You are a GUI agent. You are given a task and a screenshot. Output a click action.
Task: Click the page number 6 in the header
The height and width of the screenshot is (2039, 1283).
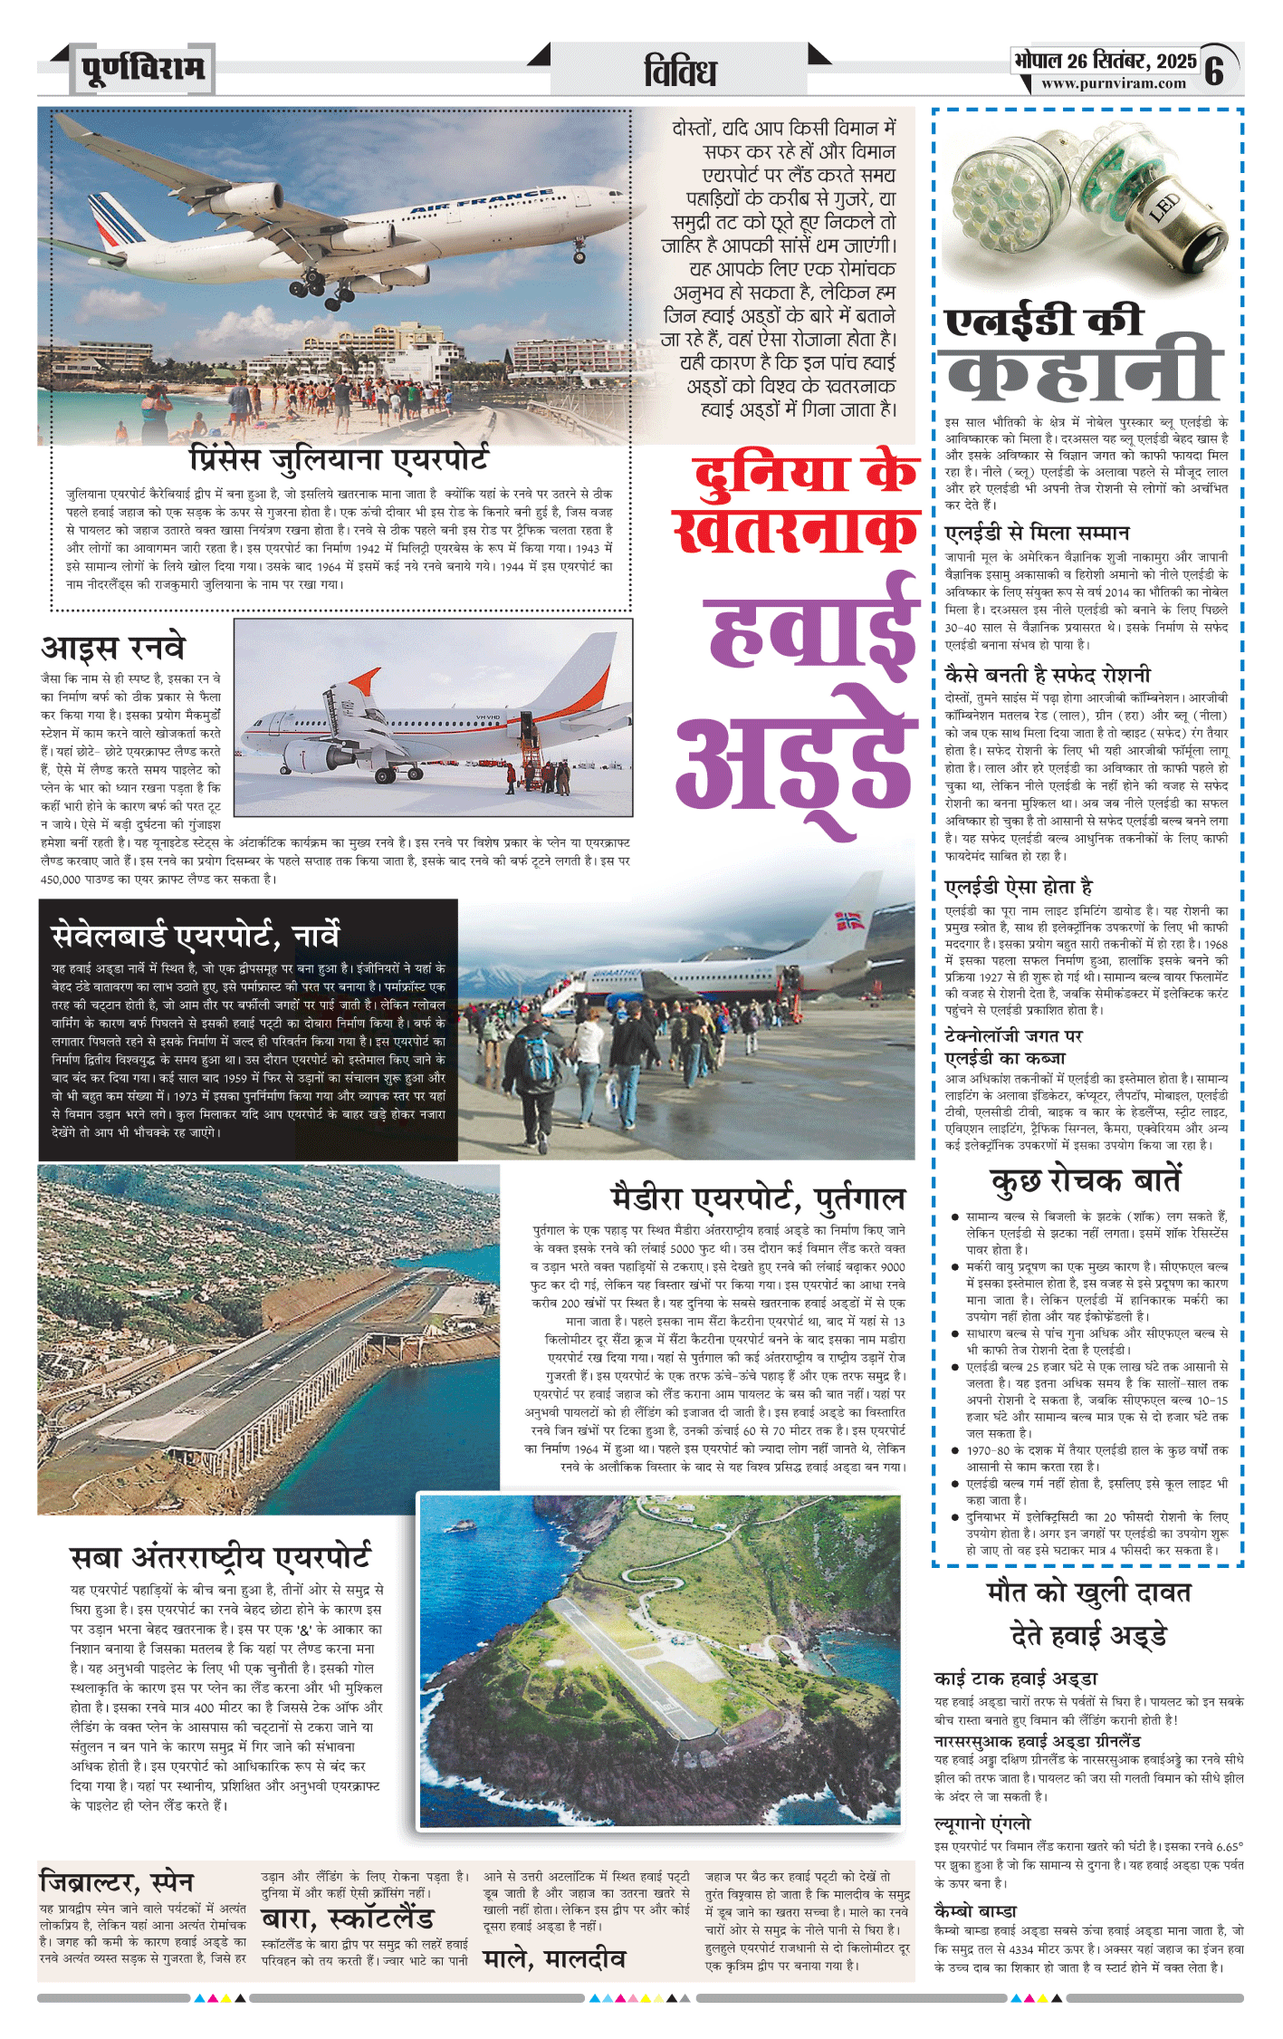coord(1214,71)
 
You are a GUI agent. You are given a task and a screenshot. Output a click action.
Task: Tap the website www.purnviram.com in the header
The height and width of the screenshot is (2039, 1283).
coord(1113,84)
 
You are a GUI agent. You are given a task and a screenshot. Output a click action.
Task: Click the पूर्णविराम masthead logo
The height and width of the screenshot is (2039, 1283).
coord(143,69)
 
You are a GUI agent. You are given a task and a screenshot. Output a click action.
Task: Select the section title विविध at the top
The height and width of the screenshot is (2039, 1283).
coord(680,72)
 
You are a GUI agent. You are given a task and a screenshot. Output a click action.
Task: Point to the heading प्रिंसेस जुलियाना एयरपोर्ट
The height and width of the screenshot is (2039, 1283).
coord(340,458)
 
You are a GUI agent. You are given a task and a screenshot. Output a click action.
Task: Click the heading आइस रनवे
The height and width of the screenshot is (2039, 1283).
coord(113,648)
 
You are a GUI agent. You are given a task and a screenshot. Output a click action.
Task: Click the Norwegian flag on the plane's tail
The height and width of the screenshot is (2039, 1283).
coord(848,922)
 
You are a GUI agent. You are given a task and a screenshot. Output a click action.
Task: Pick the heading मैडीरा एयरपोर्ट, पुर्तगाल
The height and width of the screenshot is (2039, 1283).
coord(758,1197)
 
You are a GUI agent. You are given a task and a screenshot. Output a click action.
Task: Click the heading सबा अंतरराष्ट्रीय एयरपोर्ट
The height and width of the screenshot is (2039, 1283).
coord(220,1556)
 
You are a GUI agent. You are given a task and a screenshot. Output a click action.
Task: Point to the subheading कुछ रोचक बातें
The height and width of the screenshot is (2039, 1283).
coord(1086,1180)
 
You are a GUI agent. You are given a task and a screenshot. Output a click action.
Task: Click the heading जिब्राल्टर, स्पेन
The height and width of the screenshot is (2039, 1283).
coord(117,1881)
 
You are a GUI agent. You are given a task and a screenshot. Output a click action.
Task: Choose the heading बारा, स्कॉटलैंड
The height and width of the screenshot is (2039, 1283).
coord(348,1919)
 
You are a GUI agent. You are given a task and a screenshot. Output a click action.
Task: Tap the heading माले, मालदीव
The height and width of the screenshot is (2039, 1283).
coord(554,1959)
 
